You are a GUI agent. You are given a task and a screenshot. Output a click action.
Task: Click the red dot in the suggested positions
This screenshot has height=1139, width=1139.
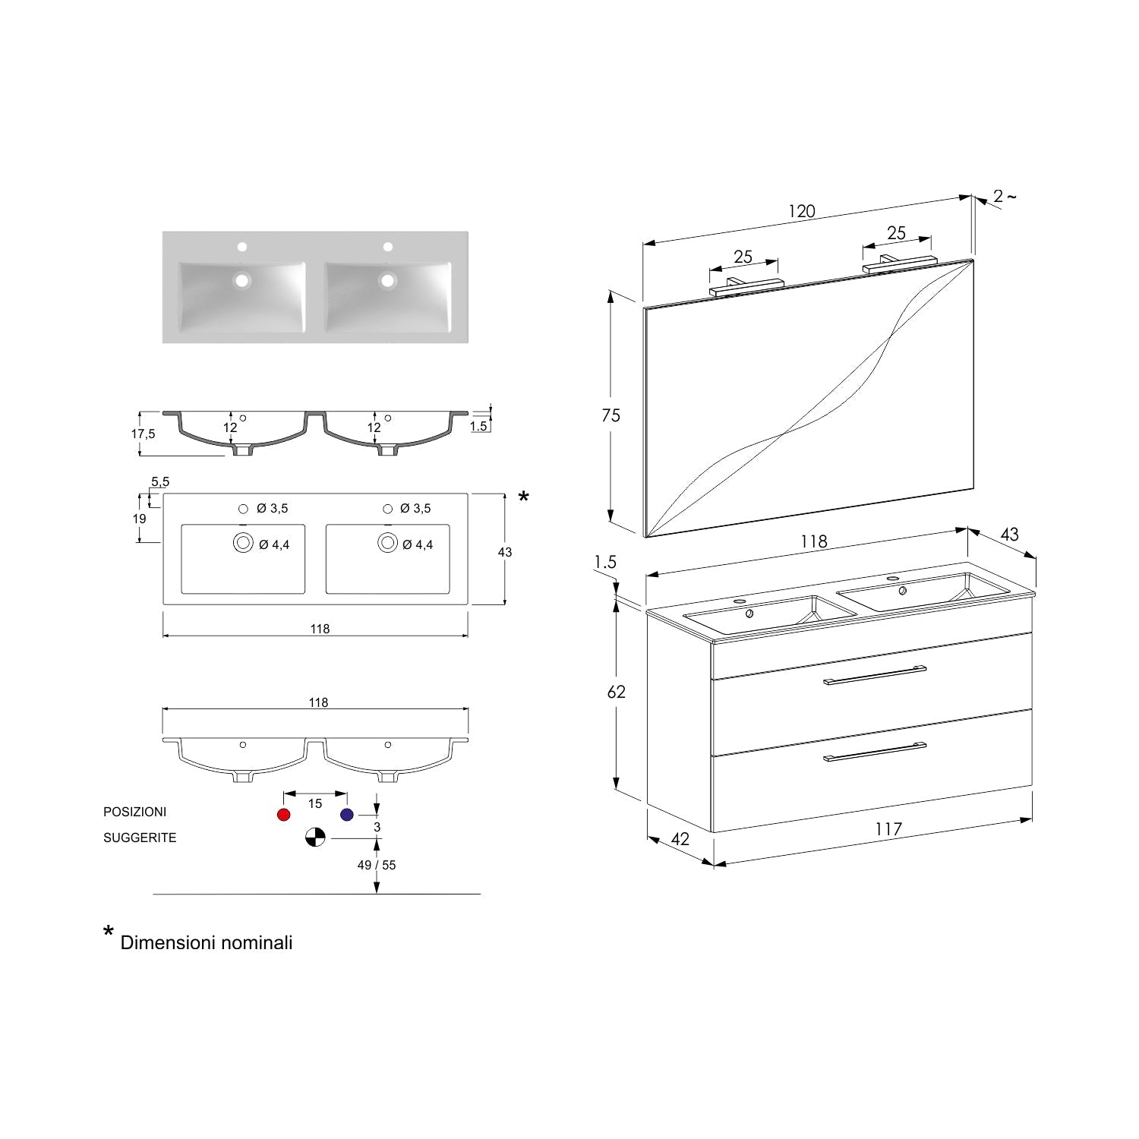(284, 815)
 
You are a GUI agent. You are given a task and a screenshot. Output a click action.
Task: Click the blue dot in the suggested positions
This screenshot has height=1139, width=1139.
(347, 815)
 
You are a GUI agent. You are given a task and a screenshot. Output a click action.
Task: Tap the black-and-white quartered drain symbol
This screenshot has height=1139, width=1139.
(315, 838)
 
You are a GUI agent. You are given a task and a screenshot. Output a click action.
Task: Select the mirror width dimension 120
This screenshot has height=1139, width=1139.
(802, 211)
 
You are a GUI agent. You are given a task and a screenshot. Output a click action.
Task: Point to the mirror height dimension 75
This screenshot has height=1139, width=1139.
(611, 415)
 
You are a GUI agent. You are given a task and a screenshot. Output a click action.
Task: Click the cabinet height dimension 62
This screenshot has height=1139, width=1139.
(617, 692)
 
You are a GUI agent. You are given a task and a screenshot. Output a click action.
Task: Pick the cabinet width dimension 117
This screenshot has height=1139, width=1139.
(888, 829)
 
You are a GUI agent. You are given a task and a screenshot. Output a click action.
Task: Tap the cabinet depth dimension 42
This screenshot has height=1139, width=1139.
(680, 839)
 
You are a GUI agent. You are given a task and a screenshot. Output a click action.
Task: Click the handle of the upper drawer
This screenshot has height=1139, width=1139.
(875, 675)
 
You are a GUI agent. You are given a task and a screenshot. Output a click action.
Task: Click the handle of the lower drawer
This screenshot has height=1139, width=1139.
(875, 750)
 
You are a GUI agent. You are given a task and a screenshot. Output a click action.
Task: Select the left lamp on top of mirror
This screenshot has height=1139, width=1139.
(746, 287)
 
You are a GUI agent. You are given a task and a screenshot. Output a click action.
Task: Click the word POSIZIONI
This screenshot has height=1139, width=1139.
(134, 812)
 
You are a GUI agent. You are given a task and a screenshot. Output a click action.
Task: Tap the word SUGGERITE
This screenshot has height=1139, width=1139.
(140, 838)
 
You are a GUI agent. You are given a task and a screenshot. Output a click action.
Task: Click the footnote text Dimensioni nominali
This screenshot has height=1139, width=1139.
(207, 942)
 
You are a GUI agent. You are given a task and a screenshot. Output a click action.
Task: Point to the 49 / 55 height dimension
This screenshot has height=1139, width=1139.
(377, 865)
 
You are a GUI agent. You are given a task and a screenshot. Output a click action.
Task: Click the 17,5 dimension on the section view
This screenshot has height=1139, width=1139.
(143, 434)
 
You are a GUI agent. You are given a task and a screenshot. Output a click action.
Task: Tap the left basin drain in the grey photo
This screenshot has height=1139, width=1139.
(242, 280)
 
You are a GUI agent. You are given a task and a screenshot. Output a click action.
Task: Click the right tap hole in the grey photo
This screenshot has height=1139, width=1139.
(387, 247)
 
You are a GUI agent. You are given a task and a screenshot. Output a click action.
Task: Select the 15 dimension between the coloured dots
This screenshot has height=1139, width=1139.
(315, 803)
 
